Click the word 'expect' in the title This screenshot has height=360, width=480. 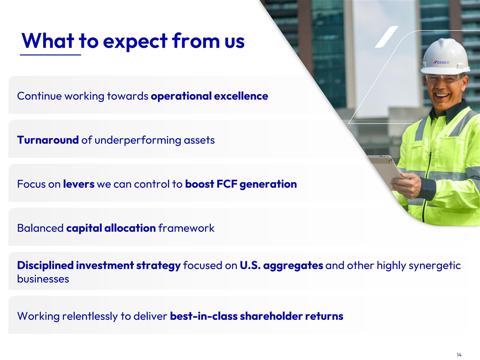[135, 42]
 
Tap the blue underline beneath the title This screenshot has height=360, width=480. [50, 55]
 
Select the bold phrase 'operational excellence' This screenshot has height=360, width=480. [210, 96]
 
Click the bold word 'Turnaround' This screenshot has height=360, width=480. [48, 140]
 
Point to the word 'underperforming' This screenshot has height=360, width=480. [138, 140]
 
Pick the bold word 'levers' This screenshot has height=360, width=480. [79, 184]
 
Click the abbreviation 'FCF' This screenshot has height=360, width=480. [227, 184]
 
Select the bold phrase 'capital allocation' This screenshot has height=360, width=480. [111, 228]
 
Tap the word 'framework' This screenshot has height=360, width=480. [186, 228]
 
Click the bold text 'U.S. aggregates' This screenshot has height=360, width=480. [282, 266]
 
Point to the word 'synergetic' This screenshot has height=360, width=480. [434, 266]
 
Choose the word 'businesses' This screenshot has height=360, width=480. [43, 279]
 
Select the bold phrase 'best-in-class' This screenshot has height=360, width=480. [204, 316]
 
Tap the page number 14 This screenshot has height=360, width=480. [459, 355]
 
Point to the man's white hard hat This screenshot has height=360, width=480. [445, 57]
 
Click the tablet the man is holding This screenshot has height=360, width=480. [385, 170]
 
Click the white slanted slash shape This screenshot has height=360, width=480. [387, 37]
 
